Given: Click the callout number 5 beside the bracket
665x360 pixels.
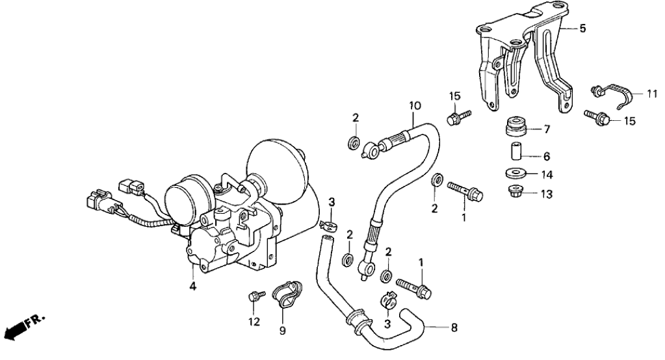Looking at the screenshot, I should (582, 28).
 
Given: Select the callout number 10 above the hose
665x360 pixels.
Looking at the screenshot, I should (414, 105).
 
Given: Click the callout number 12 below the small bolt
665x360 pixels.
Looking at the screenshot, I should (254, 321).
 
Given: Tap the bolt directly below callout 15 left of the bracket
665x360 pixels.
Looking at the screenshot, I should (454, 118).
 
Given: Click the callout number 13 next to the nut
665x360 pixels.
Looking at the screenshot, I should (547, 194).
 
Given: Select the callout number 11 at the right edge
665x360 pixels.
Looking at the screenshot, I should (652, 95).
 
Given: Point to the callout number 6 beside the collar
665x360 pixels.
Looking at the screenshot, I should (547, 157).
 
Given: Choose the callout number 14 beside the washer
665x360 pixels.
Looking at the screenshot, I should (547, 174).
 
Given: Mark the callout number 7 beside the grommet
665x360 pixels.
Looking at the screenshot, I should (547, 129).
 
